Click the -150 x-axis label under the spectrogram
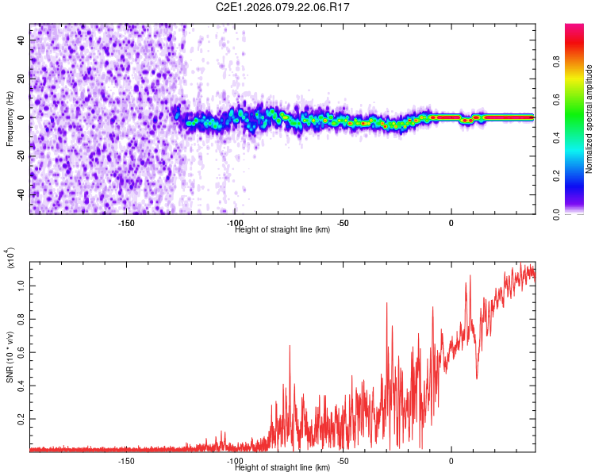pos(126,223)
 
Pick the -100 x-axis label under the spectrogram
pos(235,223)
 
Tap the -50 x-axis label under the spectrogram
pos(344,223)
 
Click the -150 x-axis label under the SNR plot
pos(126,460)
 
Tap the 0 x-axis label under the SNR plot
pos(451,460)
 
